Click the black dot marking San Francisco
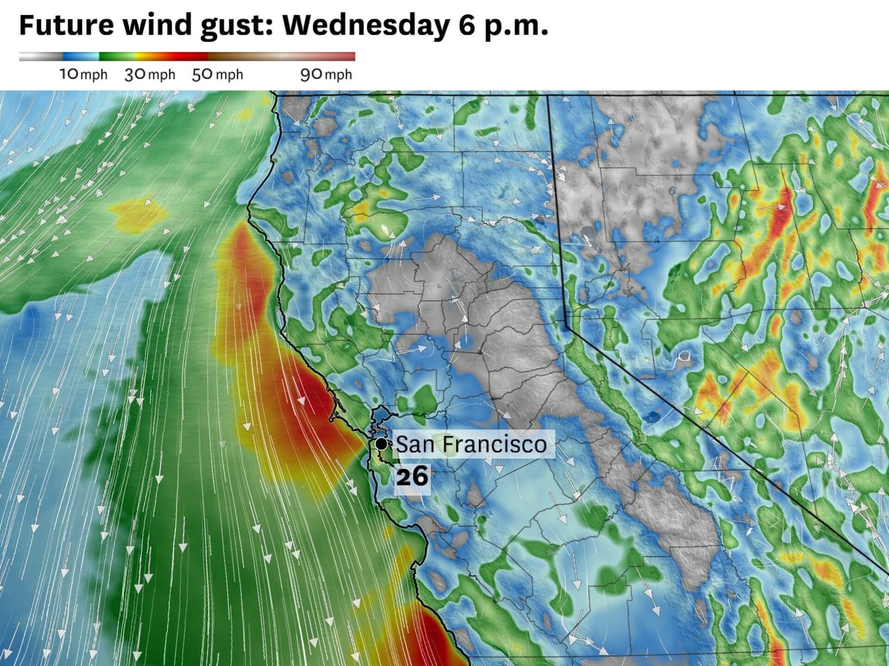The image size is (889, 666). (x=381, y=444)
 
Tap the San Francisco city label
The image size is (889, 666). (x=471, y=444)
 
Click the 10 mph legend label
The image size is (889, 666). (x=83, y=74)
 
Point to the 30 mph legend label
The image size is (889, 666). (x=150, y=74)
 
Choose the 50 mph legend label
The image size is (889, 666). (x=217, y=74)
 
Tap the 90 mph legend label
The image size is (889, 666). (x=326, y=74)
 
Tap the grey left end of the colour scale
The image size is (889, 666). (x=37, y=56)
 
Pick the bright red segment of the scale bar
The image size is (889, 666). (x=185, y=56)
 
